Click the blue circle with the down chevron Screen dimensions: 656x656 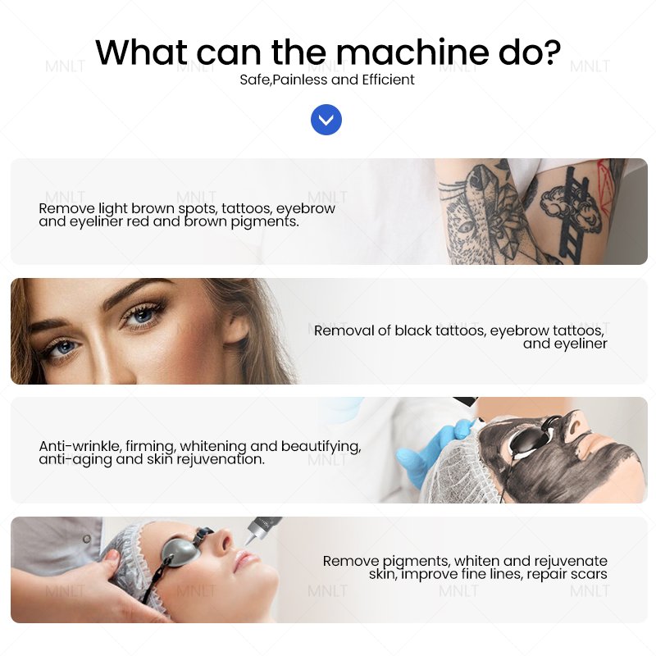tap(326, 120)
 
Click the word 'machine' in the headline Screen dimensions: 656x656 tap(412, 52)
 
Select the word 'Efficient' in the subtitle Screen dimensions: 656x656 tap(388, 80)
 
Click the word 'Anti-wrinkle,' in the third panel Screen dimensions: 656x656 tap(80, 446)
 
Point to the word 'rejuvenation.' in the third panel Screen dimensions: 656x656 tap(221, 459)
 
